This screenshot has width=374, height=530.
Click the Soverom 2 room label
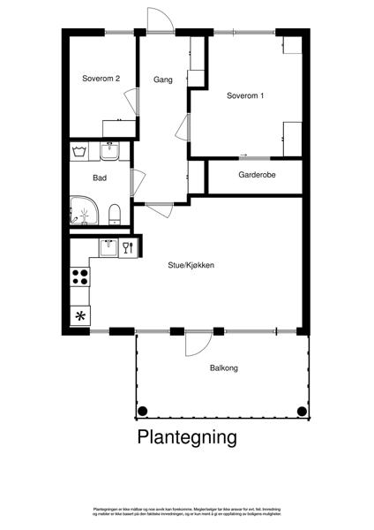coord(101,79)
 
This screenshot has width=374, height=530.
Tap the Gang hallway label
coord(161,79)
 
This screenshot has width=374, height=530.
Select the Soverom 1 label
coord(244,95)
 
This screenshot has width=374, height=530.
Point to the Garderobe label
coord(257,175)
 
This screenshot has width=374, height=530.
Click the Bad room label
coord(101,177)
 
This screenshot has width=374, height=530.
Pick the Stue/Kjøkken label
coord(191,264)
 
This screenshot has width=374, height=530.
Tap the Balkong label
coord(224,368)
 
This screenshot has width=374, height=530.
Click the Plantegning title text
coord(187,436)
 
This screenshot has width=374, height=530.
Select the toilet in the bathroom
coord(114,213)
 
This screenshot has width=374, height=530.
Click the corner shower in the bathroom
coord(84,210)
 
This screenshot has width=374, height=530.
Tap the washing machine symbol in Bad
coord(79,152)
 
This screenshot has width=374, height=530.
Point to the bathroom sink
coord(109,152)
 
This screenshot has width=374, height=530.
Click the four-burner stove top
coord(79,278)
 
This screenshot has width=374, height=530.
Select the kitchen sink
coord(108,246)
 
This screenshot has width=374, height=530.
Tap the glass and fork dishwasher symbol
coord(127,247)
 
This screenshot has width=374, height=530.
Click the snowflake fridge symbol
coord(79,316)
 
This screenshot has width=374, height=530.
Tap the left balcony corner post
coord(142,411)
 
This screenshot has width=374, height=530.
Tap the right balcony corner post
coord(303,411)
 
